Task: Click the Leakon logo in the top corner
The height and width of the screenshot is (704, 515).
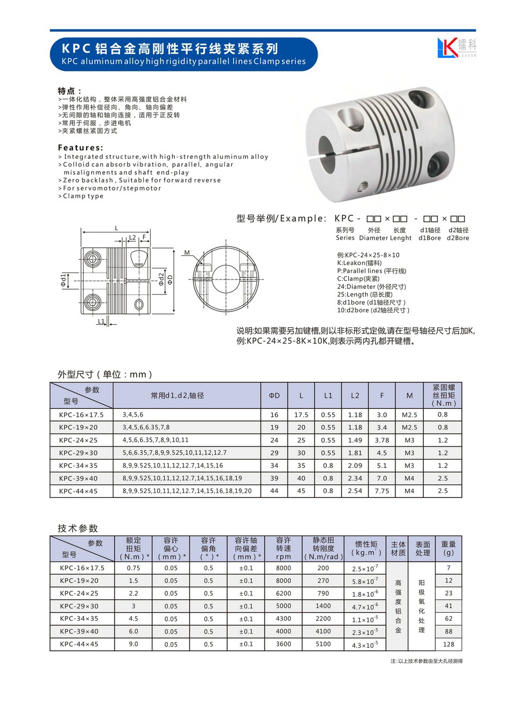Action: pos(456,48)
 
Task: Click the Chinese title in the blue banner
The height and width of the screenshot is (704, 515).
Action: pos(170,49)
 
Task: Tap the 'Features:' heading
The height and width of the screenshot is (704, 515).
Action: pos(80,148)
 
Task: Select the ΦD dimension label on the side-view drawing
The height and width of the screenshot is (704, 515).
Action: pos(170,279)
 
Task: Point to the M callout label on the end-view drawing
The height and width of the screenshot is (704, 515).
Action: pos(187,253)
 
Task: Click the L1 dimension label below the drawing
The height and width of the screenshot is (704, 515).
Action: pos(101,321)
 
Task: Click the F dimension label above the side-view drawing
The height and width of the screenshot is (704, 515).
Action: pos(144,237)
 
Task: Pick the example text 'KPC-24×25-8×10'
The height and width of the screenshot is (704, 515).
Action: pos(368,255)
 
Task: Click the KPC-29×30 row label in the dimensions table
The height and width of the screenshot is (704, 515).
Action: pos(78,453)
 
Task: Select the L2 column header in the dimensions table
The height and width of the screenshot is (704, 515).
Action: pos(355,395)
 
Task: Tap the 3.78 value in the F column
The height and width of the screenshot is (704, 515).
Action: pos(382,440)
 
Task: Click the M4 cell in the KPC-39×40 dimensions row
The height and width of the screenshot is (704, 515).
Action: pos(409,478)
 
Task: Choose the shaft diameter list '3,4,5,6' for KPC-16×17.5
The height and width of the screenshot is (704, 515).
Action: pos(133,415)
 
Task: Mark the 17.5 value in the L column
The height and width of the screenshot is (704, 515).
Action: pos(301,415)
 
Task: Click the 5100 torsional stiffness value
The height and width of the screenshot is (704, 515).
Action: pos(323,644)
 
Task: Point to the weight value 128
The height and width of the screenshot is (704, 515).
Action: pos(448,644)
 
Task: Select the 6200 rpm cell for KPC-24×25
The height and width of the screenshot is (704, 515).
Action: pos(283,593)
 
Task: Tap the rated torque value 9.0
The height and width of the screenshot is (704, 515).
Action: pos(134,644)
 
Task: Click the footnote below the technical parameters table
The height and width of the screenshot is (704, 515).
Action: pos(426,661)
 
